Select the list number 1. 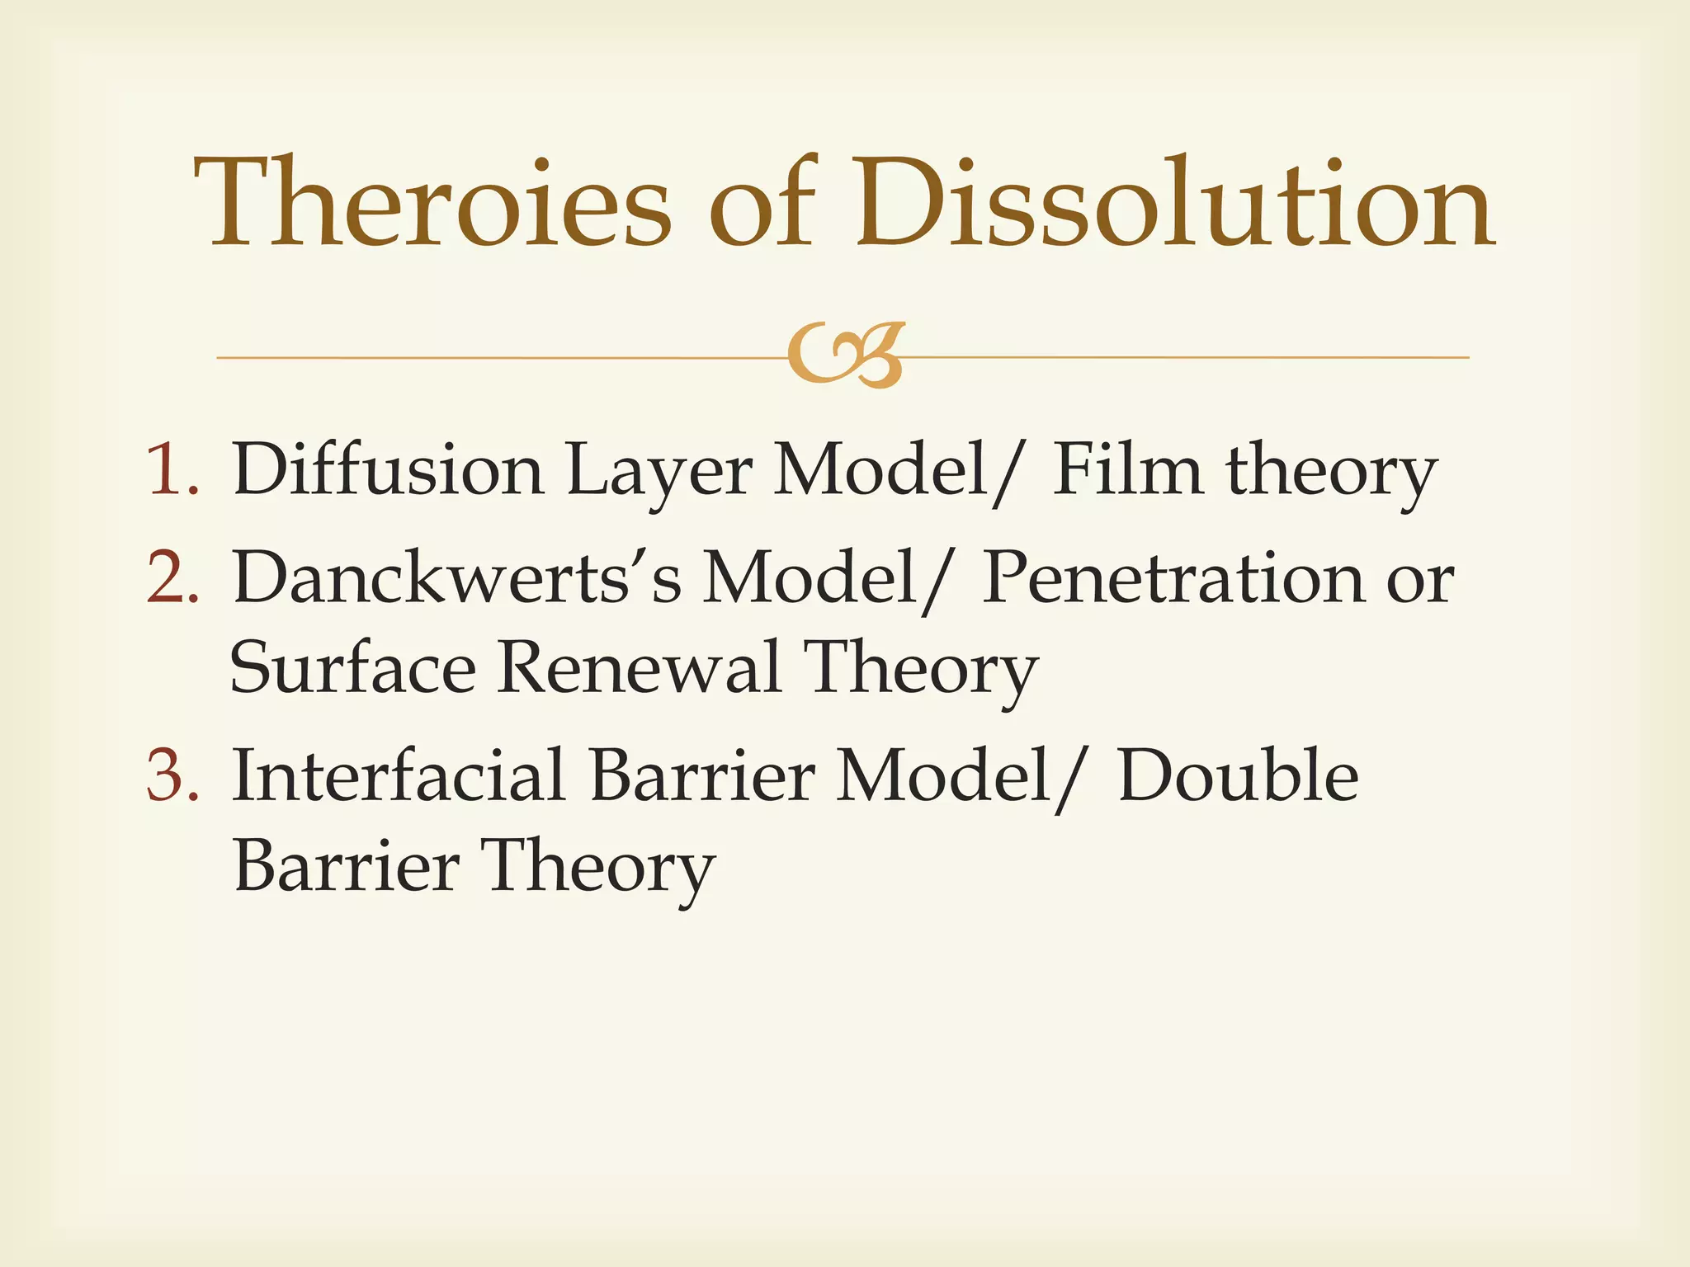pyautogui.click(x=172, y=470)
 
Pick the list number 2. pyautogui.click(x=172, y=577)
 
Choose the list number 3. pyautogui.click(x=172, y=775)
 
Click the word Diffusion pyautogui.click(x=388, y=470)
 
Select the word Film pyautogui.click(x=1126, y=470)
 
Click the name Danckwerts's pyautogui.click(x=457, y=577)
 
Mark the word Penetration pyautogui.click(x=1173, y=577)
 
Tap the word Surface pyautogui.click(x=352, y=668)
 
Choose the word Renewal pyautogui.click(x=640, y=668)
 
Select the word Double pyautogui.click(x=1238, y=775)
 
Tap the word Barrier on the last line pyautogui.click(x=347, y=866)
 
